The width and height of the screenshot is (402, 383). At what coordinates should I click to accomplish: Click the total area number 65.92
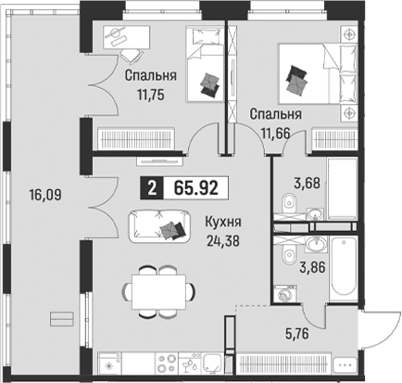pos(196,188)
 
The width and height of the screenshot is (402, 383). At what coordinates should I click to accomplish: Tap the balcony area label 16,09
pos(45,195)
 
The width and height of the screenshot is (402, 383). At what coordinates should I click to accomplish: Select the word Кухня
pos(223,222)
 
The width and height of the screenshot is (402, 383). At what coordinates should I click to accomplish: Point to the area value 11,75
pos(151,95)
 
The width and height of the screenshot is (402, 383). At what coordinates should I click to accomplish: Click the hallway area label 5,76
pos(296,334)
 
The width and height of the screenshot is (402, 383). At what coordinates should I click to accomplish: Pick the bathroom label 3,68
pos(307,183)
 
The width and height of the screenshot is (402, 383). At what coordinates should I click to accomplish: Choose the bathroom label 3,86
pos(312,267)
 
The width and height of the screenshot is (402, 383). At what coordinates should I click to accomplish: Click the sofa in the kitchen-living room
pos(159,225)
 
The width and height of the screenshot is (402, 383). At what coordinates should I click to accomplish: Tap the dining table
pos(159,292)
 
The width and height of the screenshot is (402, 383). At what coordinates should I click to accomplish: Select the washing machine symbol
pos(284,293)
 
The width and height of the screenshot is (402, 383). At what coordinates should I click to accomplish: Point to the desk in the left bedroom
pos(126,37)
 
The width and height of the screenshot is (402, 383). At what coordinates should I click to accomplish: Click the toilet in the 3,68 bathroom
pos(289,201)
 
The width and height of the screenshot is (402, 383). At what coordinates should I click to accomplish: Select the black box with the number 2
pos(151,188)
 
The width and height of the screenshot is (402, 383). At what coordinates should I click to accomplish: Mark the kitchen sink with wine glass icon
pos(191,364)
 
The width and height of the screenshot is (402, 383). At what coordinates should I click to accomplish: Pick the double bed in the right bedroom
pos(318,73)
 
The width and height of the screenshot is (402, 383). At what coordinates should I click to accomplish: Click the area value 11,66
pos(276,134)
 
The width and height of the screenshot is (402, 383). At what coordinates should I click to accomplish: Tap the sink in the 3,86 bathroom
pos(316,244)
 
